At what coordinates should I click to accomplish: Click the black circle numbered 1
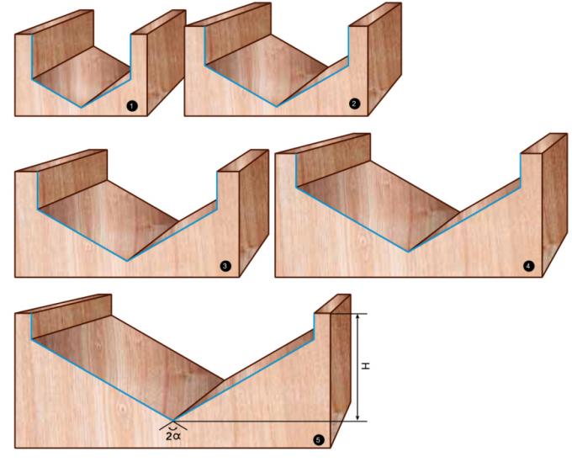coord(132,106)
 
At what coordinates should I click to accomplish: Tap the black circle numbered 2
coord(354,104)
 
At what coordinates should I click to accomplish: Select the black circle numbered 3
coord(225,266)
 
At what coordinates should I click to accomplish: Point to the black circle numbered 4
coord(528,266)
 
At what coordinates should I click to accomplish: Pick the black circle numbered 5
coord(318,440)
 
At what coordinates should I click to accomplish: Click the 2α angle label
coord(173,436)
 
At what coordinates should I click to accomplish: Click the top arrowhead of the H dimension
coord(357,316)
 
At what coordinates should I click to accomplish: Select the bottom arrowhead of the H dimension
coord(357,417)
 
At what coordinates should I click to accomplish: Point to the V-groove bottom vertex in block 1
coord(82,107)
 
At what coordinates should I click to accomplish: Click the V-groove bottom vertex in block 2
coord(276,106)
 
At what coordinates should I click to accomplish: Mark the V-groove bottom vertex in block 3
coord(127,261)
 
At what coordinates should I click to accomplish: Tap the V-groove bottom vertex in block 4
coord(409,252)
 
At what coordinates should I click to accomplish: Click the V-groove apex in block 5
coord(172,421)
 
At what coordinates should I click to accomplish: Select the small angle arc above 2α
coord(173,427)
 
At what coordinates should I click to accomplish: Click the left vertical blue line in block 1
coord(32,56)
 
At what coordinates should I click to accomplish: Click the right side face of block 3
coord(254,213)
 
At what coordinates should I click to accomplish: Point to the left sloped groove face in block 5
coord(128,359)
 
